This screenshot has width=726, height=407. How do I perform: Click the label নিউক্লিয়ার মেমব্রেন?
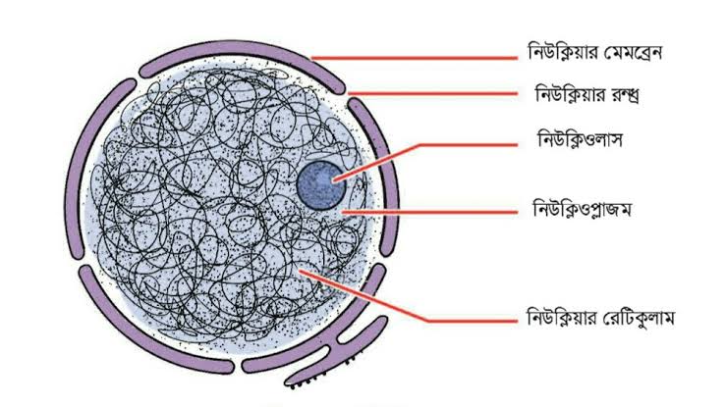595,51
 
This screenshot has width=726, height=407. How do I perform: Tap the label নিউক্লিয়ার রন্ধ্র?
587,95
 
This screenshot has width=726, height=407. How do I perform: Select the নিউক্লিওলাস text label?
580,139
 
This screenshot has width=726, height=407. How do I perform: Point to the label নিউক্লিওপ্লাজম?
582,209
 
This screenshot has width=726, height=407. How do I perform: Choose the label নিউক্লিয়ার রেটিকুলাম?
600,318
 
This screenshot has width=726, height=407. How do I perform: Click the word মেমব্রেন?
634,51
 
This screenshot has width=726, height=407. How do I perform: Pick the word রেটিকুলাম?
639,318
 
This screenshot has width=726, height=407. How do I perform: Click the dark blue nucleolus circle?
321,185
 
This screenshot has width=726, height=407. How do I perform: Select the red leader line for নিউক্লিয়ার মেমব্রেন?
414,58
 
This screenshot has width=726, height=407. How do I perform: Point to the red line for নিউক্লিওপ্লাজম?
429,213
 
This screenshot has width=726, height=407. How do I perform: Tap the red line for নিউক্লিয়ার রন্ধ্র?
432,94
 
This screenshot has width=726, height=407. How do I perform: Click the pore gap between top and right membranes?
347,96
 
